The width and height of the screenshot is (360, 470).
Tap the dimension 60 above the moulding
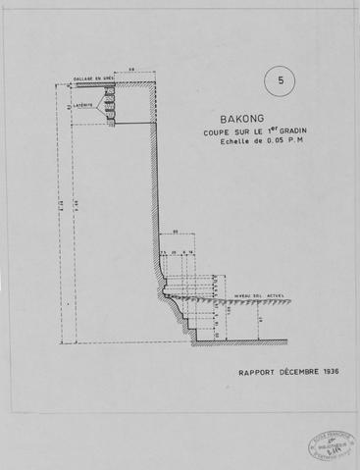[x=176, y=233]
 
